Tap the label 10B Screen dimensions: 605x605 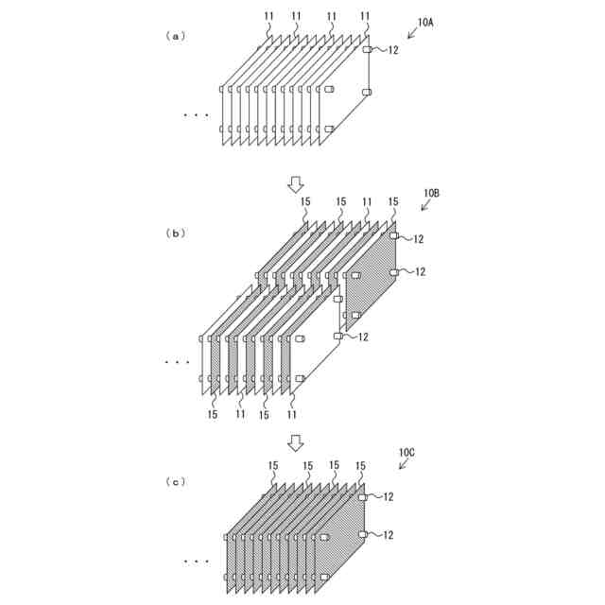coord(431,194)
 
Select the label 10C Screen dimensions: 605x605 coord(406,454)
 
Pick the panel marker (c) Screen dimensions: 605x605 coord(175,482)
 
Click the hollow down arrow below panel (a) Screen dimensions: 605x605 coord(297,183)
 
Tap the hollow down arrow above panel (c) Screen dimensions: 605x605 coord(297,442)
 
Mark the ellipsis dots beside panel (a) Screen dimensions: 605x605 coord(197,115)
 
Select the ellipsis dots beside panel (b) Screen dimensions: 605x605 coord(177,362)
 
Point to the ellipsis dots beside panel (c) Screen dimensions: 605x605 coord(197,562)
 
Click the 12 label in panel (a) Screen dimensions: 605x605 coord(393,49)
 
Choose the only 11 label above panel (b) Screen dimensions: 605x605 coord(367,201)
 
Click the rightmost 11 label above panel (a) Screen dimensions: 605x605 coord(366,16)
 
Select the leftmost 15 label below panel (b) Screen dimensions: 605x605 coord(213,414)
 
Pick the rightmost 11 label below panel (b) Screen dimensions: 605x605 coord(292,414)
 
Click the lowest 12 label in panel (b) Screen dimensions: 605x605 coord(363,337)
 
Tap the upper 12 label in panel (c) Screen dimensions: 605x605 coord(388,496)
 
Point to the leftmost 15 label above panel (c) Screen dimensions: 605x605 coord(272,465)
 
